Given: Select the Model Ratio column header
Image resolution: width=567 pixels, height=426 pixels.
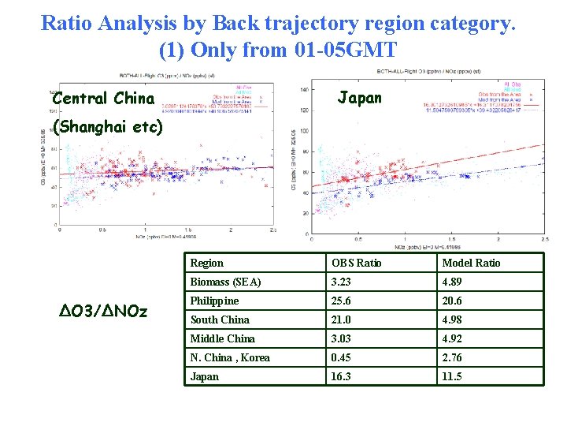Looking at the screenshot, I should pyautogui.click(x=471, y=263).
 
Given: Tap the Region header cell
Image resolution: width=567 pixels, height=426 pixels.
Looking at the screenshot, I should pyautogui.click(x=207, y=263).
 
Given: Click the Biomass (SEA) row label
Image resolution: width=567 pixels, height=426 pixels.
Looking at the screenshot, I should pyautogui.click(x=225, y=282).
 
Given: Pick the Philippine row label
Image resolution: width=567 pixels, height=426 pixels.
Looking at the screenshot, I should pyautogui.click(x=214, y=301).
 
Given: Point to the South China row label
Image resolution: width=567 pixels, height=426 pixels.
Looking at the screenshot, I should pyautogui.click(x=220, y=319).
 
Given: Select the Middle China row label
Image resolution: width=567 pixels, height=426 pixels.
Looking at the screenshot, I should pyautogui.click(x=223, y=338).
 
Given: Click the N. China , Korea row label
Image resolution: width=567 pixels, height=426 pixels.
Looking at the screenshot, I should pyautogui.click(x=230, y=357).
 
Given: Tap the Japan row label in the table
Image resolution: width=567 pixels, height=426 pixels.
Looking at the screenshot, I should pyautogui.click(x=205, y=376).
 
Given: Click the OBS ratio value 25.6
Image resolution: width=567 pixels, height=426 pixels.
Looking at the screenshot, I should pyautogui.click(x=342, y=301).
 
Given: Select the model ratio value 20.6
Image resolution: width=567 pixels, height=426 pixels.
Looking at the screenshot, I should pyautogui.click(x=452, y=301).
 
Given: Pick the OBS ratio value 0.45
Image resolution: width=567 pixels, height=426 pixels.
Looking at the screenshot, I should pyautogui.click(x=342, y=357).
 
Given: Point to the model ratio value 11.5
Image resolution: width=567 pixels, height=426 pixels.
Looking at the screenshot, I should pyautogui.click(x=452, y=376).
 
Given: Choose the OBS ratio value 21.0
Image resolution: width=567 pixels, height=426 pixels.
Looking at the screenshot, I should pyautogui.click(x=342, y=319).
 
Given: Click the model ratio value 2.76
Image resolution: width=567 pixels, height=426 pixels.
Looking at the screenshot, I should pyautogui.click(x=452, y=357).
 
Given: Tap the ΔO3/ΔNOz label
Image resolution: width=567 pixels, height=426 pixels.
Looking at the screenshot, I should pyautogui.click(x=103, y=311).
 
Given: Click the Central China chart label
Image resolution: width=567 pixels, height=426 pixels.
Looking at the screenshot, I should pyautogui.click(x=103, y=99).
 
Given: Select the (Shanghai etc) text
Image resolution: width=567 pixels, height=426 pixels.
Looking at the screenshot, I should pyautogui.click(x=107, y=127).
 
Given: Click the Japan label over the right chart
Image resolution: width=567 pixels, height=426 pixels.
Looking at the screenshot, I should pyautogui.click(x=359, y=98).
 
